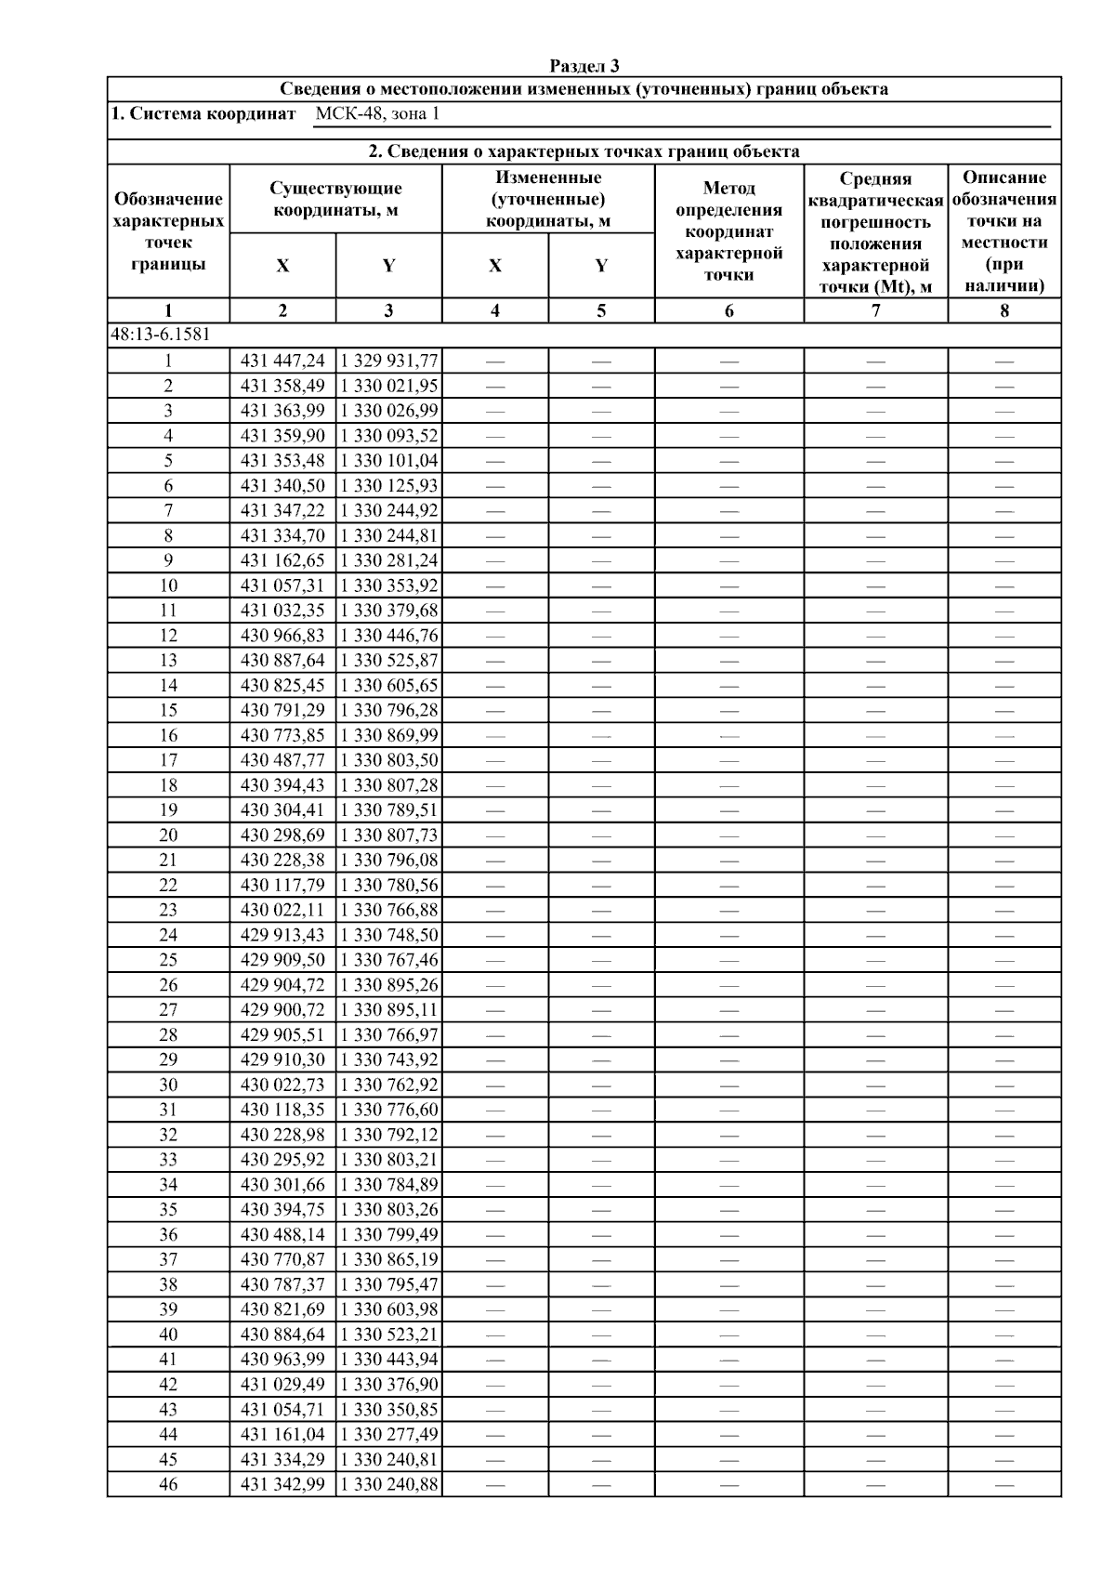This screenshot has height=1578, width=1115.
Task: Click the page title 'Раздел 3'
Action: coord(584,66)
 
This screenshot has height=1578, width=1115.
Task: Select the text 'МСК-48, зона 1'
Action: coord(376,114)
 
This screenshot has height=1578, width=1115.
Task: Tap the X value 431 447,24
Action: coord(282,361)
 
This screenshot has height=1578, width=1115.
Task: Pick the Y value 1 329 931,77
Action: coord(388,361)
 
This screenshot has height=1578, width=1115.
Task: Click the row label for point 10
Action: coord(168,585)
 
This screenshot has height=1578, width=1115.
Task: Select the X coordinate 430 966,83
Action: coord(282,636)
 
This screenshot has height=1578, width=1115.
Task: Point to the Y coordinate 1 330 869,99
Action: coord(388,735)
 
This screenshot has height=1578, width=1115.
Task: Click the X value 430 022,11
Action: coord(282,910)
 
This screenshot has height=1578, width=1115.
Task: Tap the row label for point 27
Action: coord(168,1010)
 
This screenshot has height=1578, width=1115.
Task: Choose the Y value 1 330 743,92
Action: coord(388,1059)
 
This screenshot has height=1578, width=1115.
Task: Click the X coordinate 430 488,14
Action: coord(282,1234)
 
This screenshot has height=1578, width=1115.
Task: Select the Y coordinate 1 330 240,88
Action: coord(388,1484)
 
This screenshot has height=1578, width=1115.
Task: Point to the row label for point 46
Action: coord(168,1484)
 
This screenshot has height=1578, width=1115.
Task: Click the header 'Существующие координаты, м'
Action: coord(335,199)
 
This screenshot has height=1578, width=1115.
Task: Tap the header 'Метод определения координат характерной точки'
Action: coord(728,231)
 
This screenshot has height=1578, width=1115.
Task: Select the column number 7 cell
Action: coord(875,311)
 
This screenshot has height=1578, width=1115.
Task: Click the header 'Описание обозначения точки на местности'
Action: coord(1004,231)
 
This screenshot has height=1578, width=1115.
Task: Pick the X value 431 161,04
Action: coord(282,1434)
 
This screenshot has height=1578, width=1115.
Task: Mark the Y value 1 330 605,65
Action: coord(388,685)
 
